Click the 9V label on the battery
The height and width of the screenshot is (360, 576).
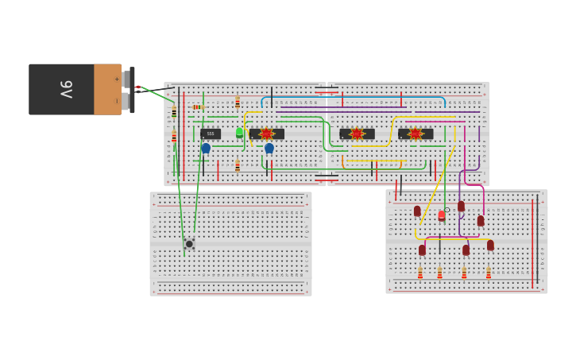coord(66,89)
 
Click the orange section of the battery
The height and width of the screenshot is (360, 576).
coord(107,89)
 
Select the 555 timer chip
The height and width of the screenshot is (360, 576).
coord(211,134)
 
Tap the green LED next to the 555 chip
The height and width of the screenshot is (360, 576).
coord(239,132)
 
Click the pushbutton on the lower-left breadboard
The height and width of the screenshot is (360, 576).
coord(189,244)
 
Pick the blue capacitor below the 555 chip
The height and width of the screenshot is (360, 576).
coord(206,148)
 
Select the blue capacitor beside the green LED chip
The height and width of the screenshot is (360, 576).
coord(269,148)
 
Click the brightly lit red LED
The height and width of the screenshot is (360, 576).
coord(442,215)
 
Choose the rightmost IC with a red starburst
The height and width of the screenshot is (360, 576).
coord(415,134)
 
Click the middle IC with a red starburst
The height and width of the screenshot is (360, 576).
coord(357,134)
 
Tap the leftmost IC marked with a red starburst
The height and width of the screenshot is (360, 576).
coord(266,134)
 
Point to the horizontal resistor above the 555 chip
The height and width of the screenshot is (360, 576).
coord(197,107)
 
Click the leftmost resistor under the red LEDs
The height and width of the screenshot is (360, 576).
coord(420,273)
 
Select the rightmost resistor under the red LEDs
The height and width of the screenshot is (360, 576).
coord(489,273)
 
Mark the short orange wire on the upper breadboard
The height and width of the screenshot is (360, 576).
coord(342,162)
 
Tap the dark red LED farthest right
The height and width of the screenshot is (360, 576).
coord(490,246)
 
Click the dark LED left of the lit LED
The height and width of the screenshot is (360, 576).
coord(417,211)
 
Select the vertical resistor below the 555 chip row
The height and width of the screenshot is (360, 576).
coord(237,165)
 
